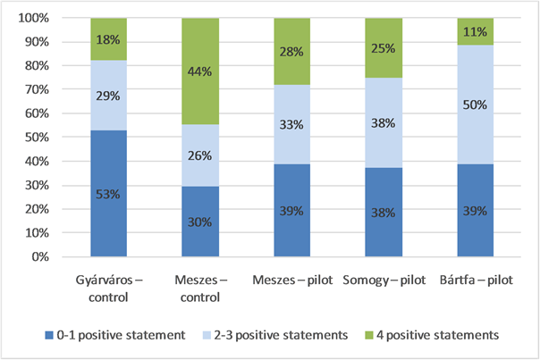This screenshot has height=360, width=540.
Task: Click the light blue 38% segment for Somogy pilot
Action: click(x=384, y=123)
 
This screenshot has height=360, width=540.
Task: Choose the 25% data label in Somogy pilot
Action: click(x=384, y=47)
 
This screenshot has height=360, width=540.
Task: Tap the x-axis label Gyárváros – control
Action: click(x=108, y=289)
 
